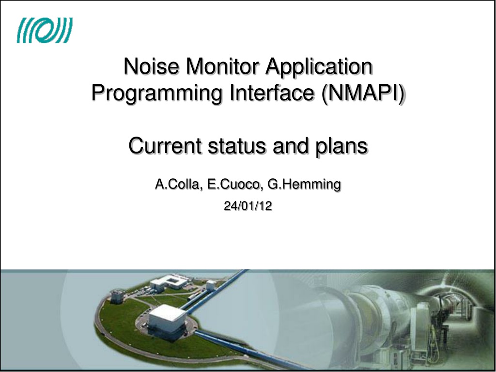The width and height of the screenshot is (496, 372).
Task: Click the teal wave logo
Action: click(x=45, y=30)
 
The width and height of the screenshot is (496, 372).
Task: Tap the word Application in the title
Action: click(x=319, y=67)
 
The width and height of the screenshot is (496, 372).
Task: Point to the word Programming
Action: click(x=156, y=93)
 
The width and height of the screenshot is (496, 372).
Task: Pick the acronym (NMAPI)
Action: click(x=363, y=93)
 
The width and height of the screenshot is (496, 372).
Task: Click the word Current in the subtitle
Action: click(x=165, y=146)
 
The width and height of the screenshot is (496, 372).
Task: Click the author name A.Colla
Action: click(x=177, y=184)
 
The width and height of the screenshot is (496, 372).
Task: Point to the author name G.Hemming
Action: click(x=304, y=185)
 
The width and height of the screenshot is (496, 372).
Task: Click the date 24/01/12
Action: click(x=248, y=206)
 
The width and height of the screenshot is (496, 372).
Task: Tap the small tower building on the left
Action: click(x=117, y=296)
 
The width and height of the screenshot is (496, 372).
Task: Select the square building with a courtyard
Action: click(x=170, y=282)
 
